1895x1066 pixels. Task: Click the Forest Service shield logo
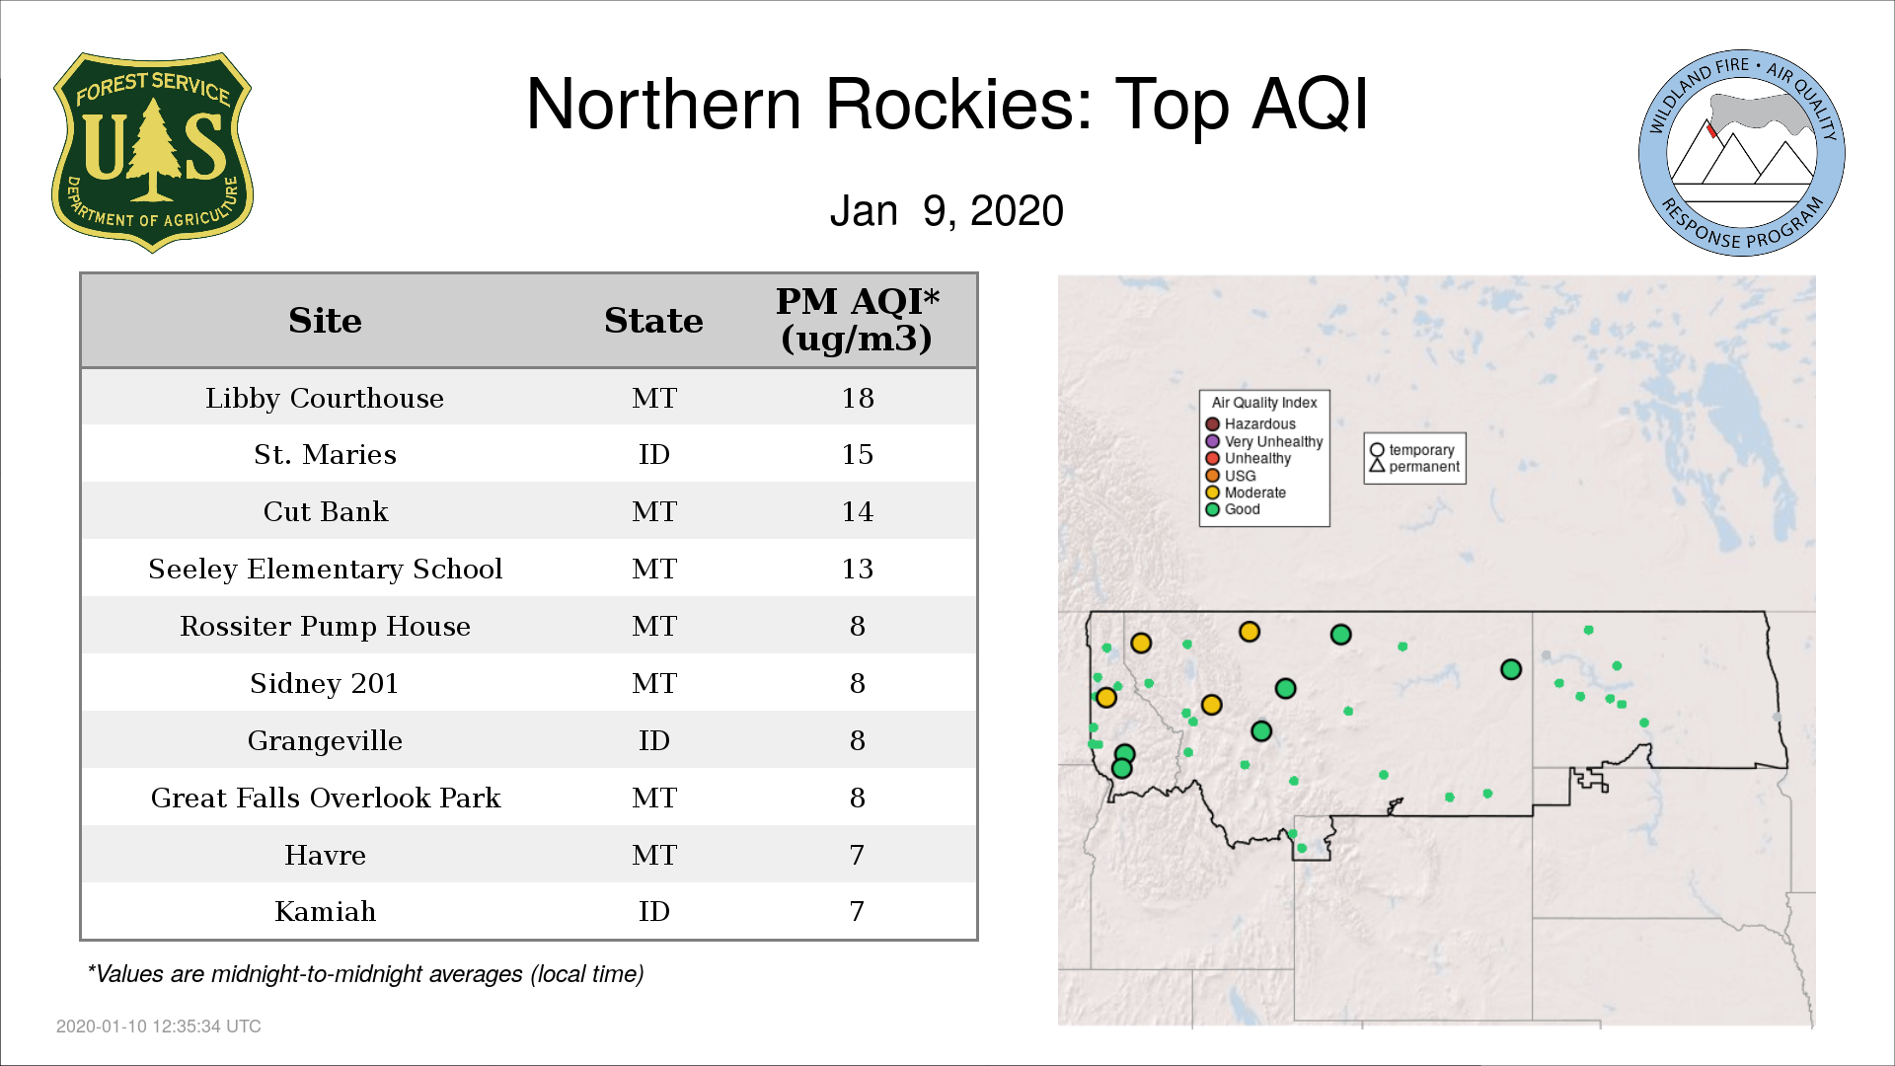[152, 153]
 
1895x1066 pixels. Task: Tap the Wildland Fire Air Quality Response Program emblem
[1742, 153]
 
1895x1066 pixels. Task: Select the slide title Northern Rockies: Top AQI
[947, 104]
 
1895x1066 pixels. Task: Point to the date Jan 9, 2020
[947, 210]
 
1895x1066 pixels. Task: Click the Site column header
[325, 321]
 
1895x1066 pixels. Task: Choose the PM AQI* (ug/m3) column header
[857, 320]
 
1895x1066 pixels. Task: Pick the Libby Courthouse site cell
[325, 398]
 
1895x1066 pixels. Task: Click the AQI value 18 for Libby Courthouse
[858, 398]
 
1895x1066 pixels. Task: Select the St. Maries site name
[325, 454]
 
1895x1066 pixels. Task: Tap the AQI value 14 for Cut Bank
[858, 511]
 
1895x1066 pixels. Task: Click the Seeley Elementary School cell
[325, 570]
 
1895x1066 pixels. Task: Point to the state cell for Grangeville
[654, 740]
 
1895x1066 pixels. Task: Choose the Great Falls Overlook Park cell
[325, 798]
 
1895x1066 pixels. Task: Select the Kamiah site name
[325, 911]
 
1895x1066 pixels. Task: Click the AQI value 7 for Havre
[857, 855]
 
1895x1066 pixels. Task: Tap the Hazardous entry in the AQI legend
[1251, 424]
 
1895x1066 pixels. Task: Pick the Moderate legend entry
[1246, 493]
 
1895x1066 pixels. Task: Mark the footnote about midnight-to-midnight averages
[365, 974]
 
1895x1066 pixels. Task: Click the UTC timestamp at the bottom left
[159, 1027]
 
